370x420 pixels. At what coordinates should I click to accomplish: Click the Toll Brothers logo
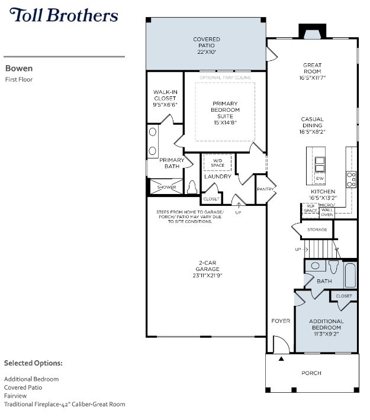click(64, 16)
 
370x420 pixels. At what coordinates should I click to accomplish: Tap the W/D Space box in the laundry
click(217, 162)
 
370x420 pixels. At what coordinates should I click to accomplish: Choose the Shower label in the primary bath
click(166, 188)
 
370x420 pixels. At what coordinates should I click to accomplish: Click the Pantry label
click(265, 189)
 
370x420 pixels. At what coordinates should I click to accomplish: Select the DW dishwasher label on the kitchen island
click(320, 178)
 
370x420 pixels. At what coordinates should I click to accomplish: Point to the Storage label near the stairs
click(317, 230)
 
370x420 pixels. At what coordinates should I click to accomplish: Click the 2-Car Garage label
click(207, 270)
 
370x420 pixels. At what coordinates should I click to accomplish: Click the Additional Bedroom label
click(326, 324)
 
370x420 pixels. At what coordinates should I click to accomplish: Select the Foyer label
click(281, 321)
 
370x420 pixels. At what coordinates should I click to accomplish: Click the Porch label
click(311, 373)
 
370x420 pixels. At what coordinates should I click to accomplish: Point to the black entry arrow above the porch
click(282, 358)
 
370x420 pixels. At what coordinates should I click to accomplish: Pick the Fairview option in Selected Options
click(15, 396)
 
